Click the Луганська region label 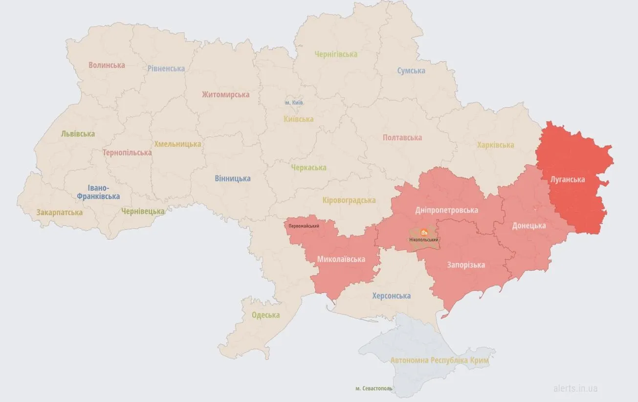(x=567, y=179)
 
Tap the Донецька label (x=529, y=226)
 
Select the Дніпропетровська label (x=446, y=210)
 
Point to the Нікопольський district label (x=424, y=240)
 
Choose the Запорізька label (x=466, y=265)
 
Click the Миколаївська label (x=341, y=259)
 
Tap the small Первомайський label (x=304, y=226)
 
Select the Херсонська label (x=391, y=296)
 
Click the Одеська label (x=265, y=315)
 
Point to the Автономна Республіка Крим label (x=439, y=360)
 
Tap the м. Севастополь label (x=374, y=388)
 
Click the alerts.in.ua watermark (x=575, y=389)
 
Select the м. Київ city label (x=294, y=103)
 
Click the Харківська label (x=495, y=145)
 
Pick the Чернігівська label (x=336, y=54)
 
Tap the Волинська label (x=107, y=65)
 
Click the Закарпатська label (x=59, y=213)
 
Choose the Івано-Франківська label (x=97, y=192)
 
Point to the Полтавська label (x=402, y=138)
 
